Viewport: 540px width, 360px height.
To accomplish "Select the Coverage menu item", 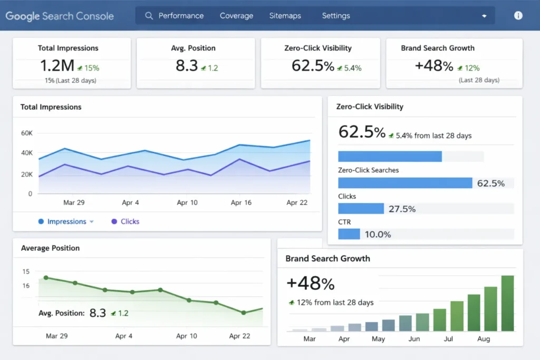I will tap(236, 16).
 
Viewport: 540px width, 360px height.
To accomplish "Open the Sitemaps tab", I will tap(285, 16).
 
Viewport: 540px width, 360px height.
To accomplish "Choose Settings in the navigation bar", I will tap(336, 16).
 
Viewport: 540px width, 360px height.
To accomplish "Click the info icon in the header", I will tap(518, 16).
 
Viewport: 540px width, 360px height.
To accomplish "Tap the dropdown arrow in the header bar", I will tap(484, 16).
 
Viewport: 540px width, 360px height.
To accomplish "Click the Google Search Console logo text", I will tap(60, 16).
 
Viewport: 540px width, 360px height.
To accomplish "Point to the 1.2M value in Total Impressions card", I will tap(57, 66).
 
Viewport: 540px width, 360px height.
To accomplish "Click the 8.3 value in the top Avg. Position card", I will tap(187, 66).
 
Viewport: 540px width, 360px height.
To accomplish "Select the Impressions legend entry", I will tap(66, 222).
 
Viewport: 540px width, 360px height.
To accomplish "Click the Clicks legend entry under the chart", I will tap(129, 222).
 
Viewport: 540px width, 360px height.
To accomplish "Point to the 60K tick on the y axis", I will tap(26, 133).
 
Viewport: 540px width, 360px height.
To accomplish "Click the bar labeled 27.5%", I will tap(361, 209).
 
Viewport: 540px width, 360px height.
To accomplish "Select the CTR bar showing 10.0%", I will tap(349, 234).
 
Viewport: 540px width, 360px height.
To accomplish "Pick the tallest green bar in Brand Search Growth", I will tap(507, 303).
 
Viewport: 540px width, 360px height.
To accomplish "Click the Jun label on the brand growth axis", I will tap(414, 339).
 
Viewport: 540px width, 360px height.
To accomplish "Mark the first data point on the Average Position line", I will tap(46, 277).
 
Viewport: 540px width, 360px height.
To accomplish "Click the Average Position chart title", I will tap(50, 248).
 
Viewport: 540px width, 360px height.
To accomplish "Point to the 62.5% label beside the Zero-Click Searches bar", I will tap(490, 183).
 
